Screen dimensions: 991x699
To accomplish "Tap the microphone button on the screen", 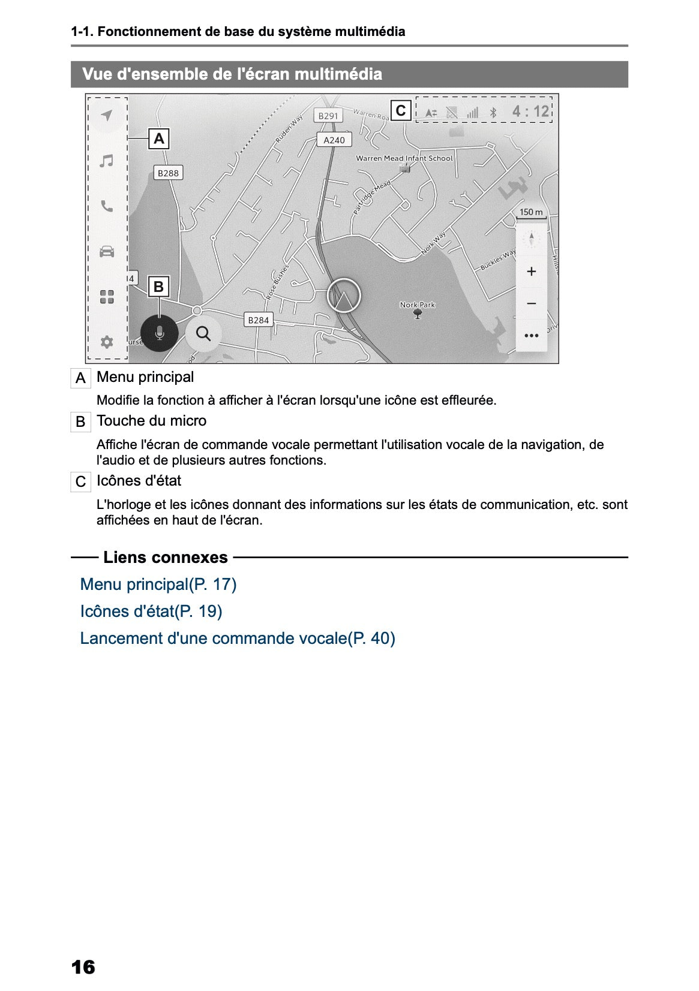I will tap(159, 333).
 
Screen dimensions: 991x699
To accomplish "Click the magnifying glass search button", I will tap(203, 333).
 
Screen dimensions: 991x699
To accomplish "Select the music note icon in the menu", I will tap(107, 161).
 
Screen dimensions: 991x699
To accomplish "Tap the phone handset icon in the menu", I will tap(107, 206).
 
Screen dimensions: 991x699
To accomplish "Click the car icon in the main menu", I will tap(107, 251).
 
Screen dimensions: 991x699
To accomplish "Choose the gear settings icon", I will tap(107, 342).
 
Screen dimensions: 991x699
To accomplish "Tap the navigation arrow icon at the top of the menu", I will tap(107, 115).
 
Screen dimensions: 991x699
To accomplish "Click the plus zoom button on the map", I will tap(531, 272).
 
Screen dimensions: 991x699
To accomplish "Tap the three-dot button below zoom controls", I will tap(531, 335).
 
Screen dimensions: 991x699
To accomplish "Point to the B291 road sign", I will tap(328, 116).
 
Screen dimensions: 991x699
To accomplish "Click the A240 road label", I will tap(334, 140).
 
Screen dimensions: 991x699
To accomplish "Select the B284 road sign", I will tap(259, 320).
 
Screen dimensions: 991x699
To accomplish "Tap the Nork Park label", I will tap(418, 305).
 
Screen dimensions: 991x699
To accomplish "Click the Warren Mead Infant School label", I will tap(404, 158).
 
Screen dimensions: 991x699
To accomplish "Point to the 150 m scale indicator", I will tap(531, 212).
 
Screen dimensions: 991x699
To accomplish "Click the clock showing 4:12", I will tap(531, 112).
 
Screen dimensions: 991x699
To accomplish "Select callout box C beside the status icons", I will tap(401, 110).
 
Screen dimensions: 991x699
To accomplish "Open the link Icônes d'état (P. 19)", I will tap(151, 612).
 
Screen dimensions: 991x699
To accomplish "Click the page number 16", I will tap(83, 967).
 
